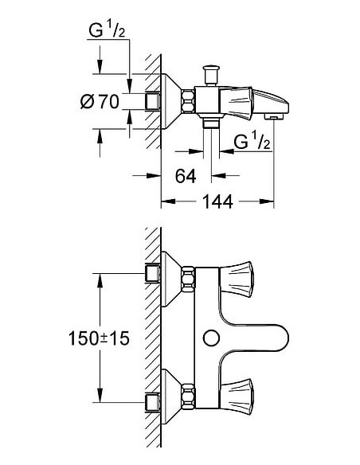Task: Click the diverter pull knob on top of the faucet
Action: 213,73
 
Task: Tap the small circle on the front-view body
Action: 210,338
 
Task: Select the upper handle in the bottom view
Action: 237,278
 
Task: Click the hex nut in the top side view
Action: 189,101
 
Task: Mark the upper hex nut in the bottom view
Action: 189,278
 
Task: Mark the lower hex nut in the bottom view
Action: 189,393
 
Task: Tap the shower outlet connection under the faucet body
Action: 211,123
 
